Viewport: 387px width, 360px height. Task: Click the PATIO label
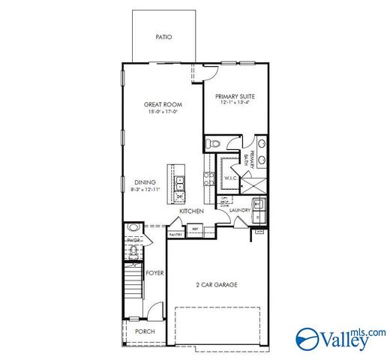point(163,36)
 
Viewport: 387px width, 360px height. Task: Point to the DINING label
point(145,181)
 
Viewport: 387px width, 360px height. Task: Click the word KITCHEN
point(191,211)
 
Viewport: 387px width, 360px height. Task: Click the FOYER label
point(154,273)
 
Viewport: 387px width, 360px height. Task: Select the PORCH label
point(144,331)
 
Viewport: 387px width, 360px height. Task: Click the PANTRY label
point(175,234)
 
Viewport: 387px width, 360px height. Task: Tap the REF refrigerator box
point(196,229)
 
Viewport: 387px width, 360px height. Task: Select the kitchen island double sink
point(180,181)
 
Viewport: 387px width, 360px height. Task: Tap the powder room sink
point(132,227)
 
